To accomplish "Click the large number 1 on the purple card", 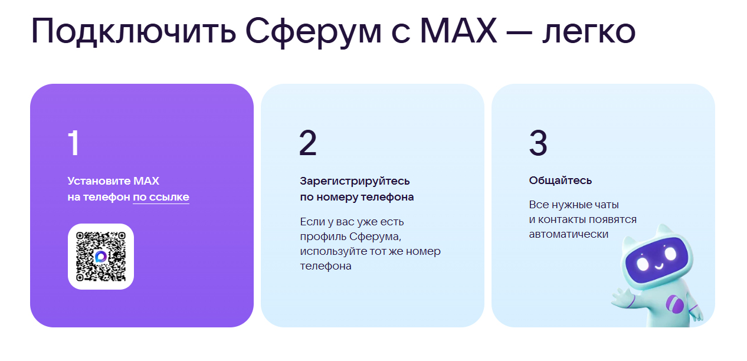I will point(74,143).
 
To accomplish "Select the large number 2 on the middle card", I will point(307,143).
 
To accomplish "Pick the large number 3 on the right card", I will point(538,143).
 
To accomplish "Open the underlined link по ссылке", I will point(161,197).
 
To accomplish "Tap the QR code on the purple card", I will point(101,257).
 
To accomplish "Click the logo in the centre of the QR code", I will point(101,257).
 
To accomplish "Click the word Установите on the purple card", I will point(99,181).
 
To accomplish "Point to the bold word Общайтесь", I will point(560,180).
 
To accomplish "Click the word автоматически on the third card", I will point(568,234).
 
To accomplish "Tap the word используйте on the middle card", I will point(332,252).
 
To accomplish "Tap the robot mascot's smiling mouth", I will point(658,266).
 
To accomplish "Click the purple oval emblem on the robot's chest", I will point(674,305).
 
